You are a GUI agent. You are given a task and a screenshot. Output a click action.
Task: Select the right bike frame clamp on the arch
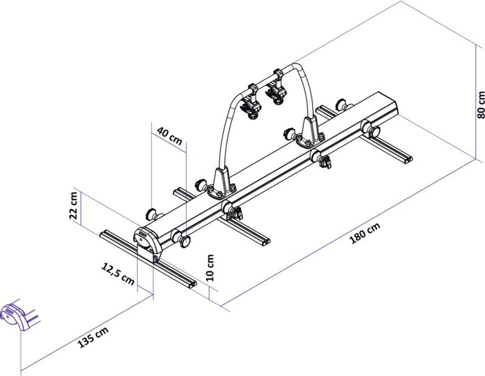click(x=278, y=88)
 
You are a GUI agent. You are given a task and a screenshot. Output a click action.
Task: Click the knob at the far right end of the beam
click(x=372, y=129)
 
